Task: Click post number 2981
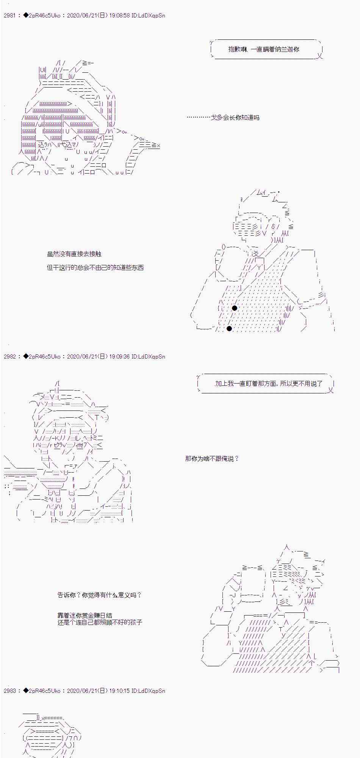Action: (9, 16)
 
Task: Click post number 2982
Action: (9, 357)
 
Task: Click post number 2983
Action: (9, 691)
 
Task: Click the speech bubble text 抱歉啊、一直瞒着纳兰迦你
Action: (263, 49)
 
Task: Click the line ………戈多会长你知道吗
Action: (223, 117)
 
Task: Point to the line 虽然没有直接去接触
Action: (74, 254)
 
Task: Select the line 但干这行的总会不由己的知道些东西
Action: (95, 268)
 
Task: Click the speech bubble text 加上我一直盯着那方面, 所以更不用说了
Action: (268, 384)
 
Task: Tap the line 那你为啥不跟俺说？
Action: (212, 459)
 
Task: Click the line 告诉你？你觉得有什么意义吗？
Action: (99, 595)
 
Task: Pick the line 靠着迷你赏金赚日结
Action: (85, 615)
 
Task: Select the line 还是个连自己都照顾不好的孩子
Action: (100, 622)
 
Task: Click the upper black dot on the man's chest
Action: (235, 308)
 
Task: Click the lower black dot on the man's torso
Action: (229, 328)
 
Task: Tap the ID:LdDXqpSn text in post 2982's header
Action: (148, 357)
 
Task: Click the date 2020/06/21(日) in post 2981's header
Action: (87, 16)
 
